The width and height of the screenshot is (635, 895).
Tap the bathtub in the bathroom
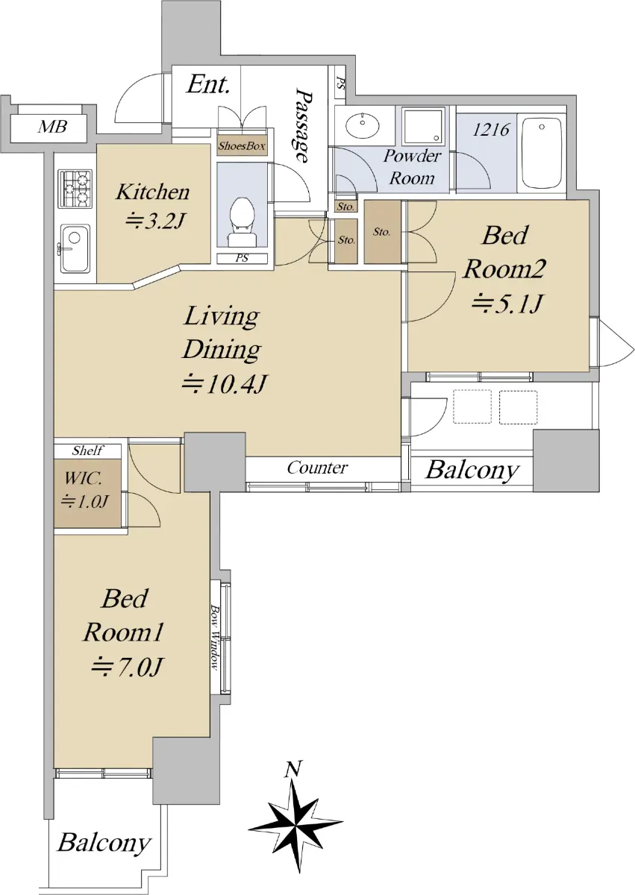coord(542,154)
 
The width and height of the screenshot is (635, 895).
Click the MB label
coord(52,128)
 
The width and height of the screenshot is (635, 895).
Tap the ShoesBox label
coord(242,146)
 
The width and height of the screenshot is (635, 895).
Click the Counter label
coord(317,468)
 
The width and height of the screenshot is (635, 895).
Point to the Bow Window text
coord(215,638)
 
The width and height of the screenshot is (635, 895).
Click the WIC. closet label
coord(83,479)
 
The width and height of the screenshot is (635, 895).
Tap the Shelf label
coord(88,450)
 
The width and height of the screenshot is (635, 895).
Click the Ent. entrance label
coord(208,84)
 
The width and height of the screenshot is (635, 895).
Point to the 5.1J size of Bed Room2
coord(507,304)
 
